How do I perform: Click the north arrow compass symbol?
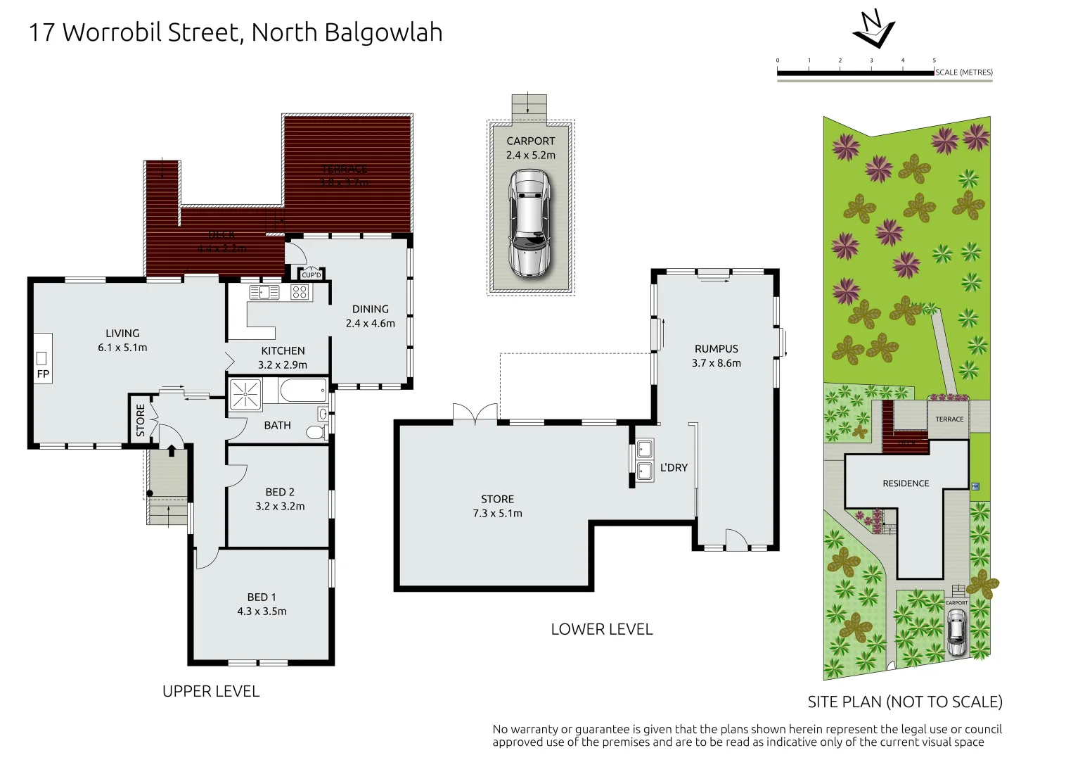[873, 30]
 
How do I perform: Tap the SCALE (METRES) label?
[963, 72]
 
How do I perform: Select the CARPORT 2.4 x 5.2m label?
[531, 148]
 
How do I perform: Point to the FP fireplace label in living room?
[43, 374]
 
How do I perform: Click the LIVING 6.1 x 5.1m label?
[122, 341]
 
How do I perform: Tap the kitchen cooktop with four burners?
[300, 292]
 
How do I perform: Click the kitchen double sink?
[264, 292]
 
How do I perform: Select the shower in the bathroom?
[245, 393]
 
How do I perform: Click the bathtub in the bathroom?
[303, 390]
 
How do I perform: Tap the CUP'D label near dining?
[311, 275]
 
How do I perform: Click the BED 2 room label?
[280, 499]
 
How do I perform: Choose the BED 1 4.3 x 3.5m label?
[262, 604]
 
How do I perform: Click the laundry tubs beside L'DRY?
[644, 460]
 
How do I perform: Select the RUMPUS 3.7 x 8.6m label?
[716, 356]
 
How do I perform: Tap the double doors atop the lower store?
[475, 414]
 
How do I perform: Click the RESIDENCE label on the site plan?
[906, 483]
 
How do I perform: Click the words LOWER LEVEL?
[601, 629]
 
